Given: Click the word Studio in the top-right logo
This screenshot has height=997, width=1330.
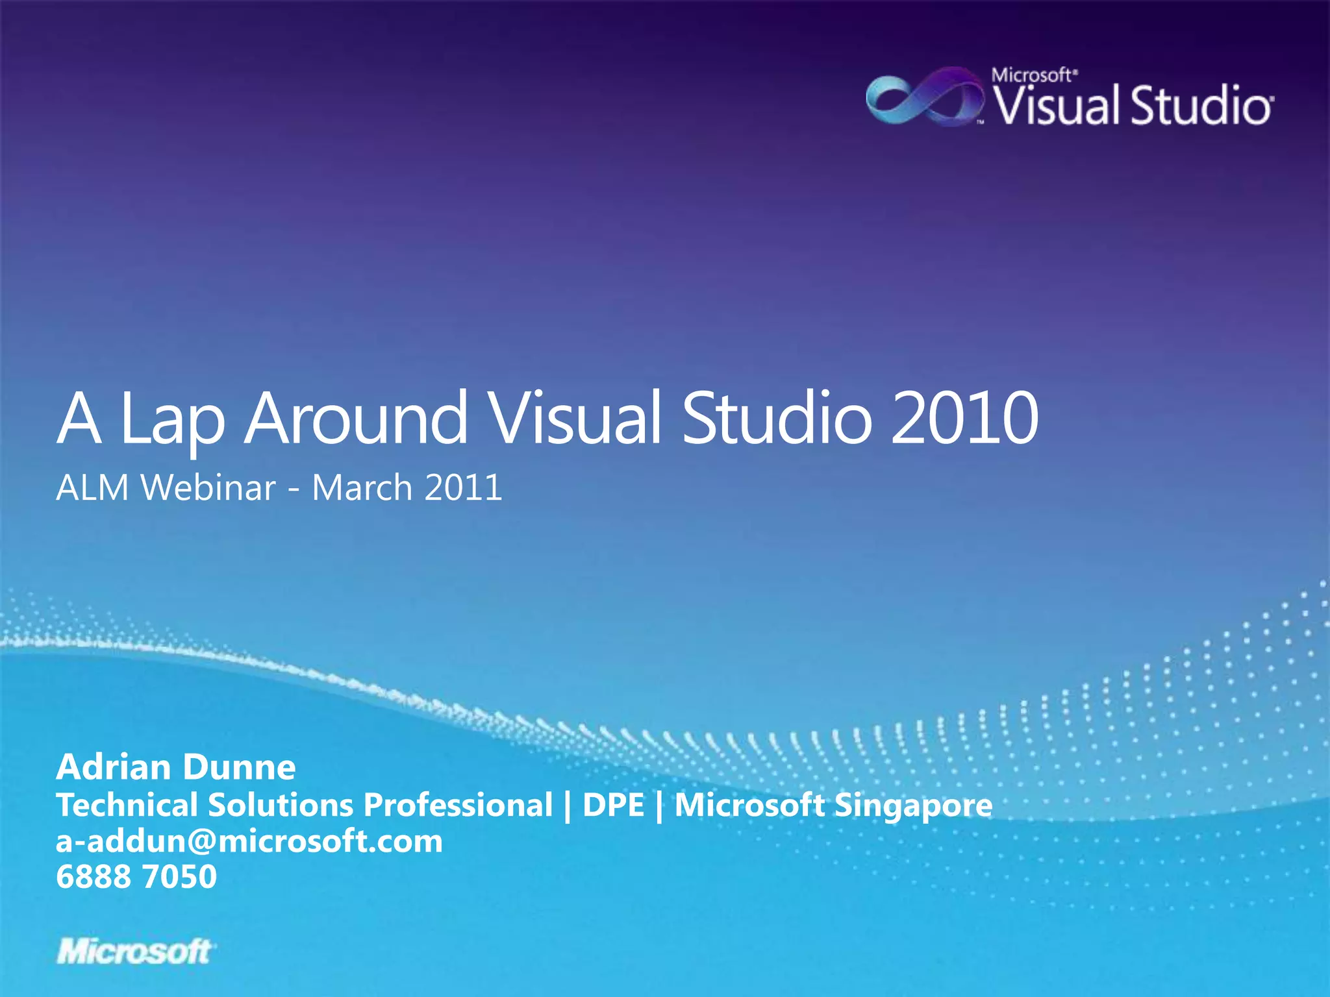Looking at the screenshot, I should [1201, 106].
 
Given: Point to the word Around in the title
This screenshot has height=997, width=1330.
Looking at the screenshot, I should [356, 418].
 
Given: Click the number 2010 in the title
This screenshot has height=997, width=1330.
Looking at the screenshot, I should [965, 418].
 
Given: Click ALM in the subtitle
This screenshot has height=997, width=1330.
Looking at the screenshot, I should [93, 487].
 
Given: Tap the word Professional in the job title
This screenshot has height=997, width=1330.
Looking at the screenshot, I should [458, 806].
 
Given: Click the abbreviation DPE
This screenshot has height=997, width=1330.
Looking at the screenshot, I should [614, 806].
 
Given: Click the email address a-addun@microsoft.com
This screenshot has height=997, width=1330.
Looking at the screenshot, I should [249, 842].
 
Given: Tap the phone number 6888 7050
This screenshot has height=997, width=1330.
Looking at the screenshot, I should [136, 877].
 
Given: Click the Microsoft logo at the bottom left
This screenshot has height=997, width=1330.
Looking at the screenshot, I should [135, 952].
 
